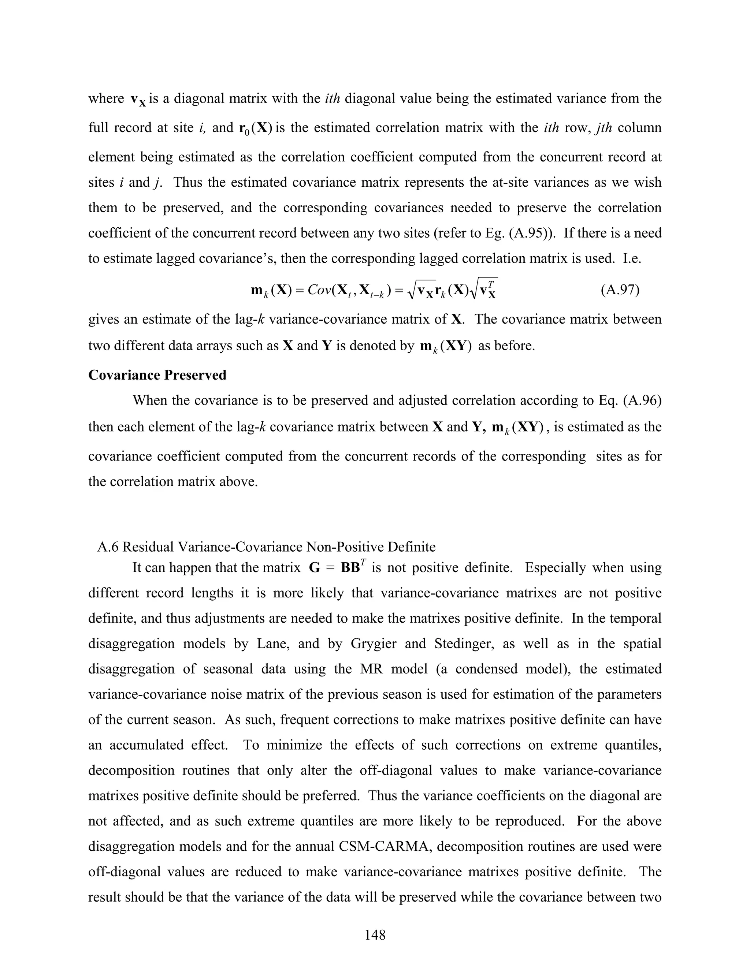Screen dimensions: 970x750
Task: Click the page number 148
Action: pos(375,935)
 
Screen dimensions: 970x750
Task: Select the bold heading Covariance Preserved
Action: pos(157,375)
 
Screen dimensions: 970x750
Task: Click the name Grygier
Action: pos(373,643)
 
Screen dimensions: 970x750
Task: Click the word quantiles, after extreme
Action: pos(633,745)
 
